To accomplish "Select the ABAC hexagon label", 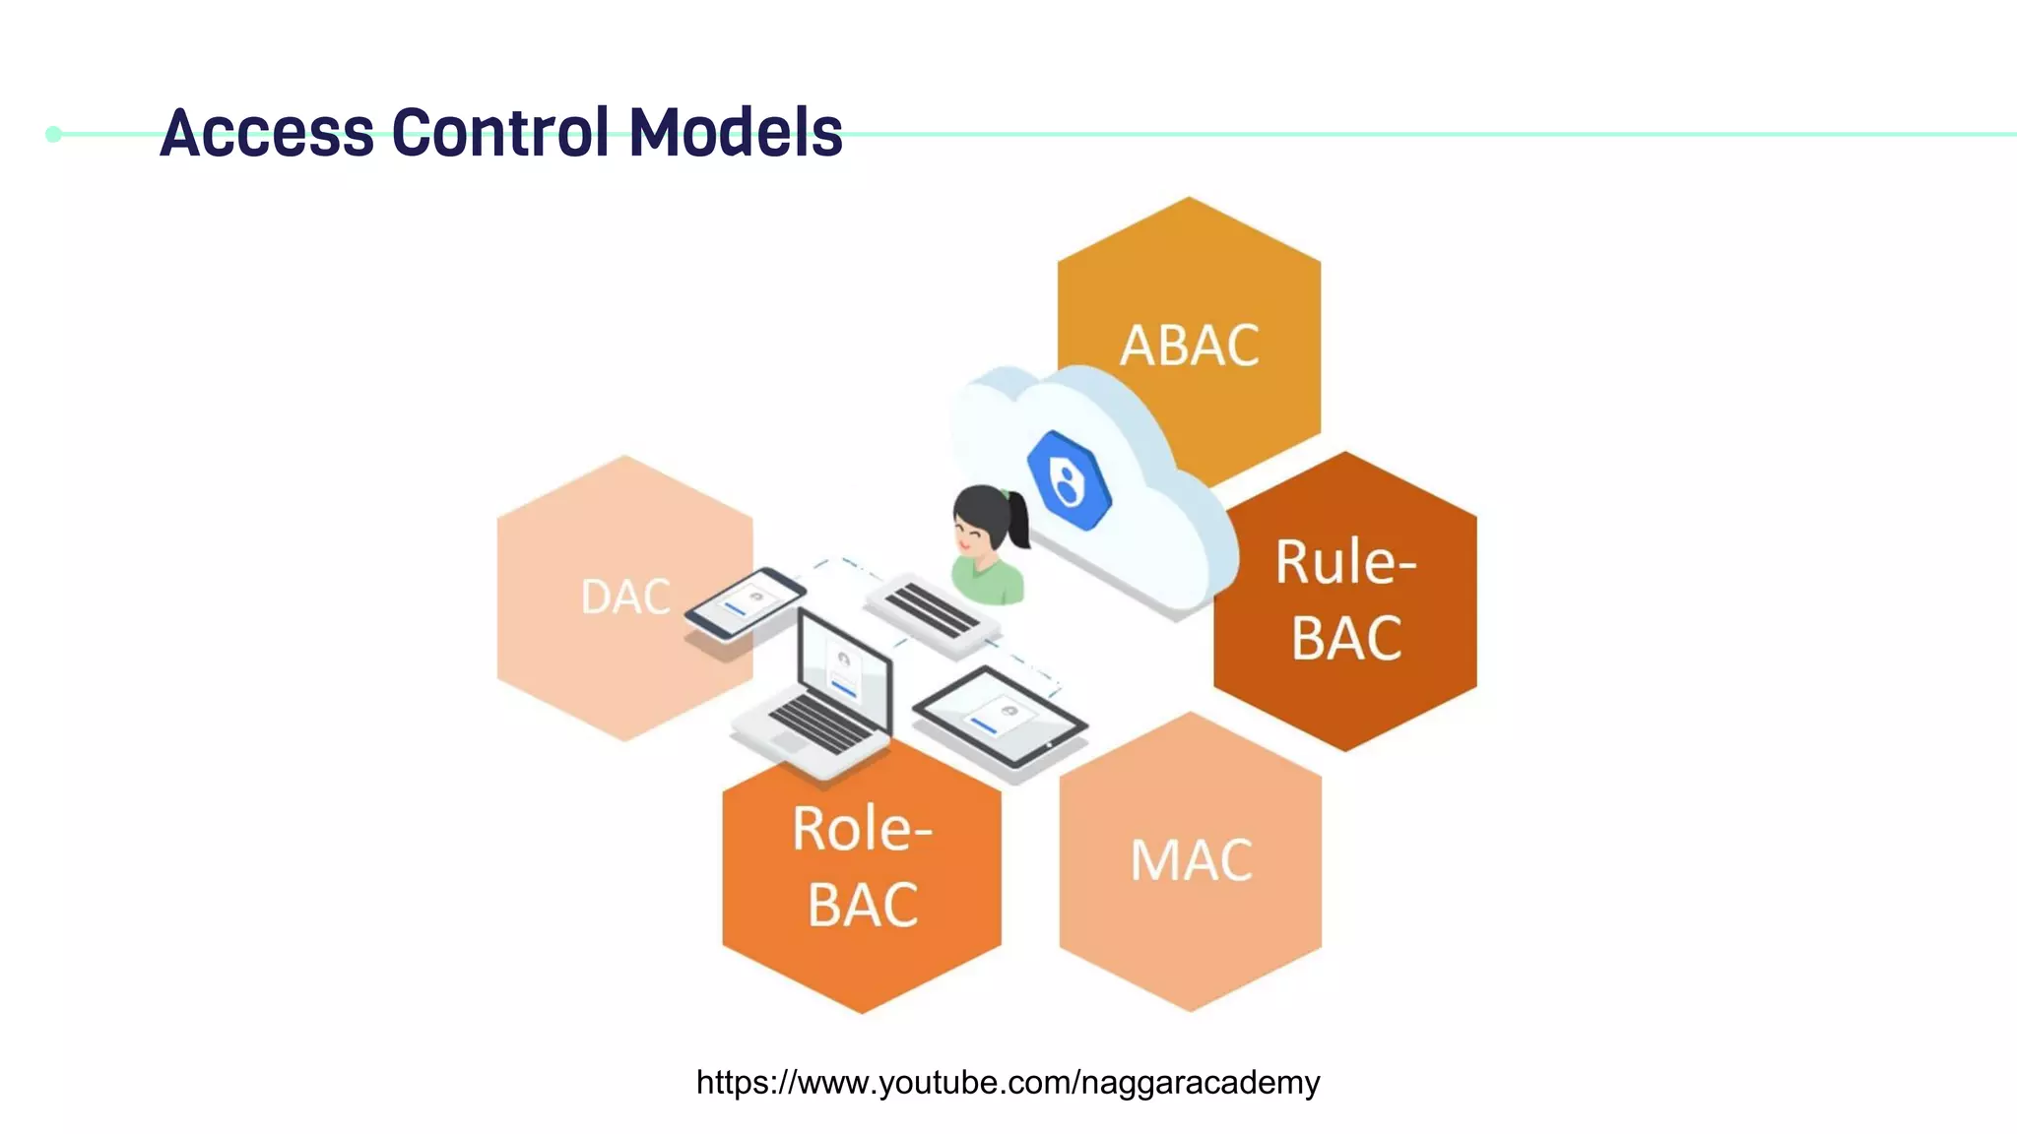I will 1190,346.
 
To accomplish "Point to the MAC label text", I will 1191,860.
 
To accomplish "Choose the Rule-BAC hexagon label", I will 1345,599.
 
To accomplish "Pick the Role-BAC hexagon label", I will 863,866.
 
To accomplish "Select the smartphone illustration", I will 745,602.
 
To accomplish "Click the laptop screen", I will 844,665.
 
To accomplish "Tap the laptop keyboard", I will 817,724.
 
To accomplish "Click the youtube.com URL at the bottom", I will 1008,1082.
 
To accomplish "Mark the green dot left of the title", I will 54,134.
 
